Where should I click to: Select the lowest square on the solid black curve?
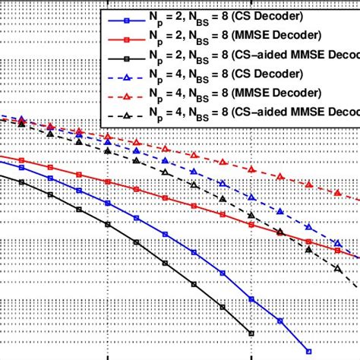(x=251, y=333)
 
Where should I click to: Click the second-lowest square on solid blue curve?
(x=280, y=321)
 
